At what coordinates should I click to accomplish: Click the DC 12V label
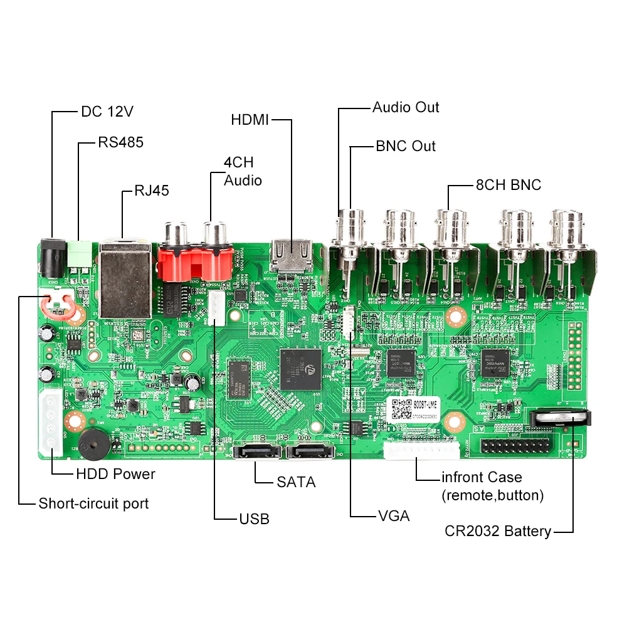[107, 112]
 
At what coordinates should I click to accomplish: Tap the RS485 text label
[120, 142]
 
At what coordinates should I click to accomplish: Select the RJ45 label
[152, 191]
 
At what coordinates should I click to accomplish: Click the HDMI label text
[250, 119]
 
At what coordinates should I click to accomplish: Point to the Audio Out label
[406, 107]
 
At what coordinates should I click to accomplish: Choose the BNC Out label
[405, 146]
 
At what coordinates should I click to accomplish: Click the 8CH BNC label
[508, 185]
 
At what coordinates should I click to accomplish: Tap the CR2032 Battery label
[498, 532]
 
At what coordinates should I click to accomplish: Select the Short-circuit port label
[93, 503]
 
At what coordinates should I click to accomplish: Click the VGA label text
[394, 516]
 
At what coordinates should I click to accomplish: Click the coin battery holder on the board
[559, 419]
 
